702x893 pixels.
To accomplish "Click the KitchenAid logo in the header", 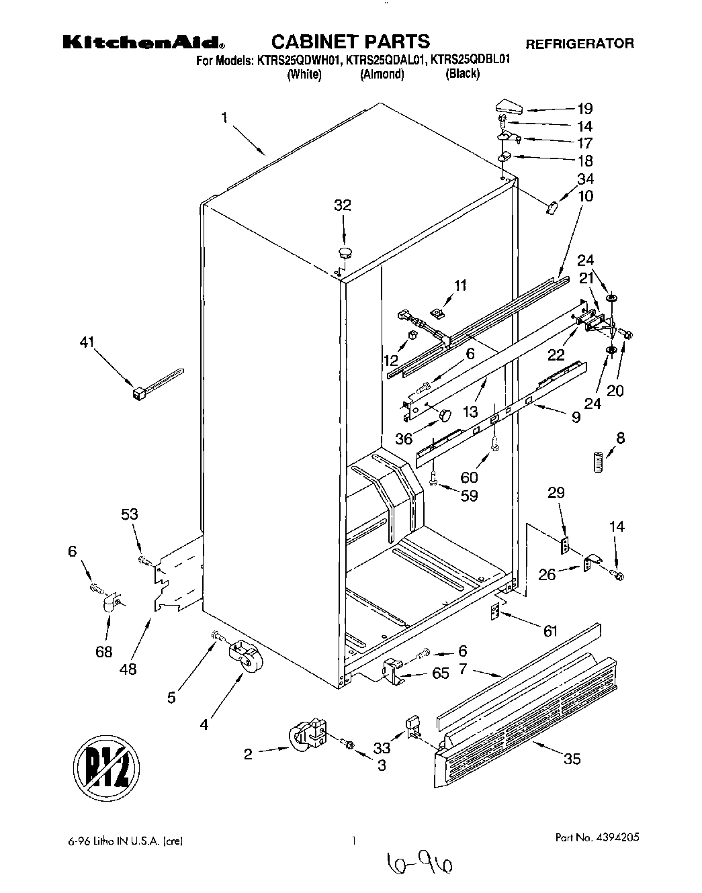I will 144,42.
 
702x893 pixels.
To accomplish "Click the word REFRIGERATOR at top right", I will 579,44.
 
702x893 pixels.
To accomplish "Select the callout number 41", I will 87,343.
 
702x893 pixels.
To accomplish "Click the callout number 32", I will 343,205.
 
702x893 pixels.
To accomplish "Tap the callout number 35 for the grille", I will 572,759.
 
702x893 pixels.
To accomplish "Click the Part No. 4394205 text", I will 597,838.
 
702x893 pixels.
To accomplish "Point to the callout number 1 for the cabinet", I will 224,119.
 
